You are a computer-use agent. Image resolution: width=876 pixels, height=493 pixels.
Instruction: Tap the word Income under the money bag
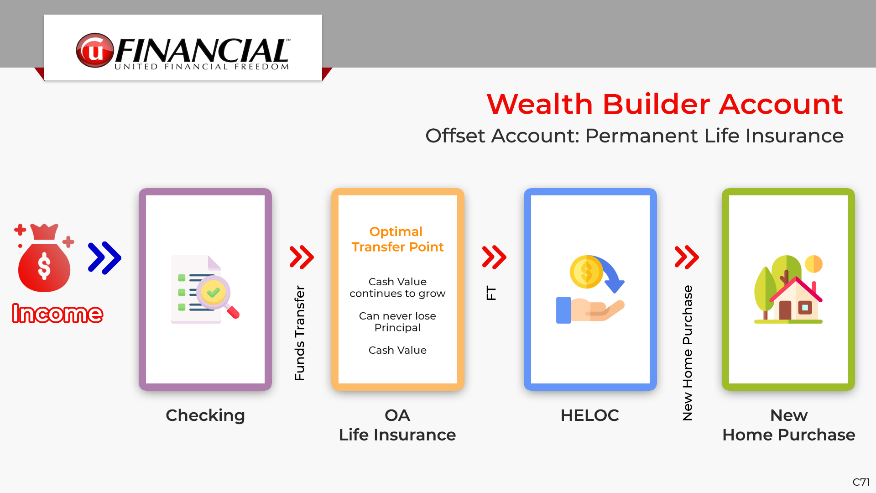(57, 314)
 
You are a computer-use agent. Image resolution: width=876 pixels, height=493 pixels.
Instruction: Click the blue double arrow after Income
(104, 258)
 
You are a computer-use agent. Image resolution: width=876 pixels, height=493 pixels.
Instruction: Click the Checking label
(205, 415)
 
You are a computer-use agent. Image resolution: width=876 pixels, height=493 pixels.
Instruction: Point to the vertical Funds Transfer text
(299, 333)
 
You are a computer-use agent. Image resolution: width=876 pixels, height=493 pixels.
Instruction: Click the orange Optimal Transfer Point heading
(397, 239)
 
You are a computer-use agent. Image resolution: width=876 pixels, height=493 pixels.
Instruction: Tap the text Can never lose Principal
(397, 322)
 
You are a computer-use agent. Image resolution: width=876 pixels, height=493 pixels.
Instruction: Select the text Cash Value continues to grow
(397, 288)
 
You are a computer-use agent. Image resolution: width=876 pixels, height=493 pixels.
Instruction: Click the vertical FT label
(491, 293)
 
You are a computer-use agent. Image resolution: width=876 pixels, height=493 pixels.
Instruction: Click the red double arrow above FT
(494, 257)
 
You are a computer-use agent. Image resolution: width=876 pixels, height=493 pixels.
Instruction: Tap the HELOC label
(590, 415)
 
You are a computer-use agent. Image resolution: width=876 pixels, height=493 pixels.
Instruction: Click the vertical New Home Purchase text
(687, 353)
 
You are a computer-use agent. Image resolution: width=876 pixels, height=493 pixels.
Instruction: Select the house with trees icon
(788, 289)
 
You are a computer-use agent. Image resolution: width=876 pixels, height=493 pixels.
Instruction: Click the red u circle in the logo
(95, 50)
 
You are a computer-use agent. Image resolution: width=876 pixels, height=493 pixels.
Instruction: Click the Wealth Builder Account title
(665, 104)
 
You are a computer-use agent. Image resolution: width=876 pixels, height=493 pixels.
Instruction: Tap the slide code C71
(861, 482)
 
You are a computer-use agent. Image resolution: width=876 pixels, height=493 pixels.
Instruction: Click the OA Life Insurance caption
(397, 425)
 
